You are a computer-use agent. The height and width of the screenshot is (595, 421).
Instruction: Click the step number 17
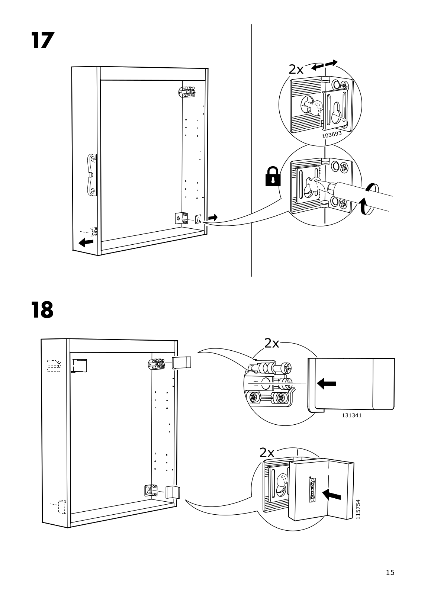(43, 40)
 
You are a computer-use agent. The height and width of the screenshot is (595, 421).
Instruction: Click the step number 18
(42, 310)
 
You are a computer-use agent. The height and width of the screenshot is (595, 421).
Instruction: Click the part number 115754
(358, 509)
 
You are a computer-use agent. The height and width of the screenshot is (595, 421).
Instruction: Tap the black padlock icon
(273, 176)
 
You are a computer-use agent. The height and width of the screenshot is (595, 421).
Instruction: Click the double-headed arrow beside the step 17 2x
(324, 65)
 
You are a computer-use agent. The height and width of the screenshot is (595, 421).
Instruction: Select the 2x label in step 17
(296, 70)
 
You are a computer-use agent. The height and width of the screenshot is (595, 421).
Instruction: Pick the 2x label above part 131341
(272, 344)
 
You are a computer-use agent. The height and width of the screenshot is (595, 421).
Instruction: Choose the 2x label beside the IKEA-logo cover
(267, 453)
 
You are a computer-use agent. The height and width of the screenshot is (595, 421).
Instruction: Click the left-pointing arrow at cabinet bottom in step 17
(86, 242)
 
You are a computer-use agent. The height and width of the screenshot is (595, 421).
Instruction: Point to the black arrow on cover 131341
(327, 383)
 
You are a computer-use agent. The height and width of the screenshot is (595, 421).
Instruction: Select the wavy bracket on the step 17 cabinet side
(91, 174)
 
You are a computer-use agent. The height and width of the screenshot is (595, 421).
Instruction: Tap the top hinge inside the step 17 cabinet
(187, 92)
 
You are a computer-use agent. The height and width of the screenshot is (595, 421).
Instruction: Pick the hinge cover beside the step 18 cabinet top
(182, 363)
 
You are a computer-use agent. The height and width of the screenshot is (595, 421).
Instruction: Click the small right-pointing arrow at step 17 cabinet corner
(213, 218)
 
